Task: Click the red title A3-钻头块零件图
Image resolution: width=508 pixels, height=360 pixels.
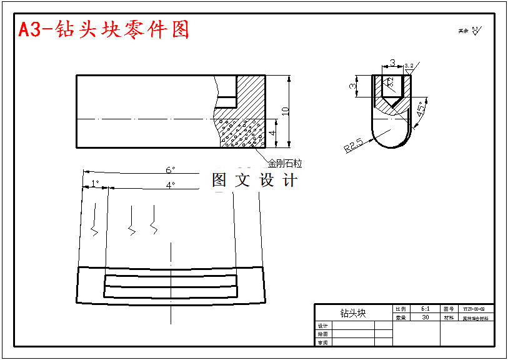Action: pos(104,29)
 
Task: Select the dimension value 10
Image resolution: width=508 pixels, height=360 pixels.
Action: pos(286,111)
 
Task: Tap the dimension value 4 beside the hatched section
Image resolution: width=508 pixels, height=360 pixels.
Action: pos(272,133)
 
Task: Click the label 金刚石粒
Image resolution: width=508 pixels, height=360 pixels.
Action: pos(285,164)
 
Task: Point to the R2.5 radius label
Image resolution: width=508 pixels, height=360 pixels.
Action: pos(353,147)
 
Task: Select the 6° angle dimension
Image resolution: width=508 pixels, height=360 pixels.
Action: pos(170,170)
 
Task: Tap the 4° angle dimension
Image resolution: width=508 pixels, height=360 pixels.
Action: pos(170,185)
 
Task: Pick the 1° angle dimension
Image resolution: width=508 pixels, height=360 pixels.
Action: pos(95,183)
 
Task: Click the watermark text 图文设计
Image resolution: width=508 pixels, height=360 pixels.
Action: pos(254,181)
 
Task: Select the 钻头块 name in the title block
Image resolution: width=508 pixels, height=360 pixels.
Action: pos(352,312)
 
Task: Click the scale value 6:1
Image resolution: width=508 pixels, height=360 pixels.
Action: pos(425,309)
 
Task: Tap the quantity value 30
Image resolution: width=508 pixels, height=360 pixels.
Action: pos(425,317)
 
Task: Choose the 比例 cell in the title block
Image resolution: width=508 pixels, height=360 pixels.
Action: pos(401,309)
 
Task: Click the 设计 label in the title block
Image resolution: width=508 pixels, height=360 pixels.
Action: pos(322,326)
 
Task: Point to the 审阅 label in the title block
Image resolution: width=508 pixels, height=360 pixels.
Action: pos(322,342)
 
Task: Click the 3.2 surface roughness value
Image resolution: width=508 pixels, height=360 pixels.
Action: pos(409,66)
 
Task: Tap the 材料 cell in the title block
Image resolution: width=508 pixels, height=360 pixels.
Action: pos(449,317)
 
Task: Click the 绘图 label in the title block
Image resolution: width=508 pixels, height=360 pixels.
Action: pos(322,334)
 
